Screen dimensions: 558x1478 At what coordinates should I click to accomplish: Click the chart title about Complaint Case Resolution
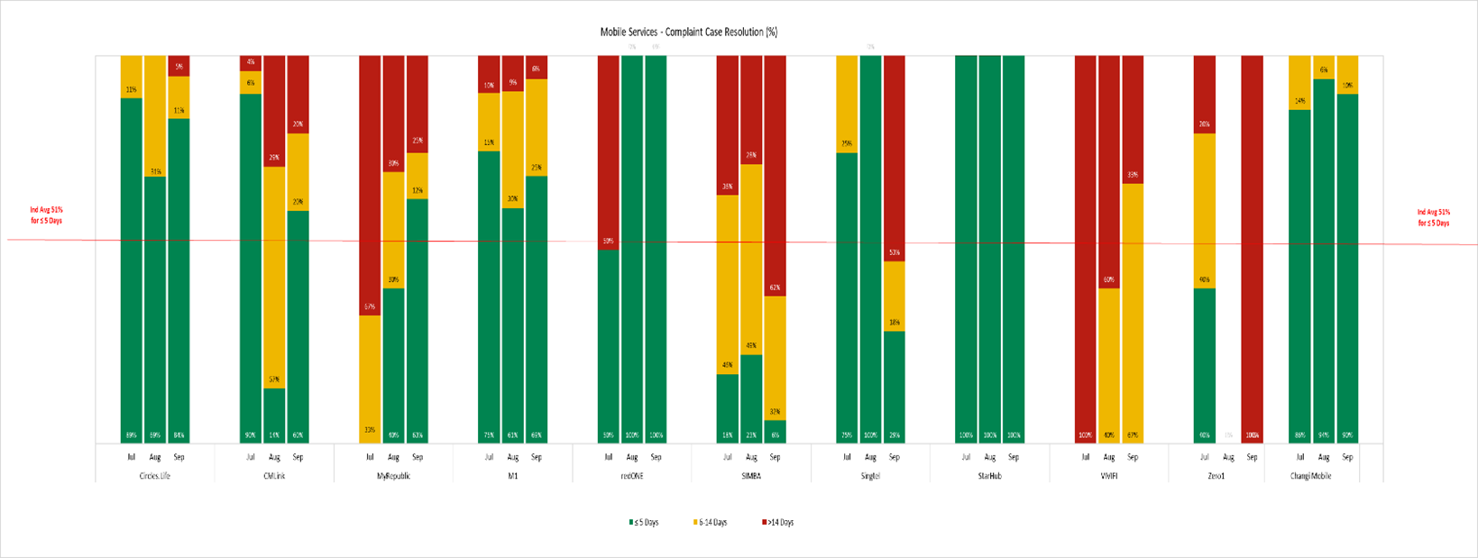(689, 32)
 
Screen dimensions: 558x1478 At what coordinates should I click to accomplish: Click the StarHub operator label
(989, 476)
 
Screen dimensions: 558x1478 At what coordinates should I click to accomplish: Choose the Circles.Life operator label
(155, 476)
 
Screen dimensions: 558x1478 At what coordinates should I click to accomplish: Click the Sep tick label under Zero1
(1252, 457)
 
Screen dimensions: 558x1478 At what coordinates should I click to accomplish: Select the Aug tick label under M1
(512, 457)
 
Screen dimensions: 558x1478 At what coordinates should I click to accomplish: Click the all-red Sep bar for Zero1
(1252, 243)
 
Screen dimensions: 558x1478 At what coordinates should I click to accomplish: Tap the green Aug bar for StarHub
(989, 243)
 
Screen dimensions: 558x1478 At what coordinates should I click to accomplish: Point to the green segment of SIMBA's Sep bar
(775, 431)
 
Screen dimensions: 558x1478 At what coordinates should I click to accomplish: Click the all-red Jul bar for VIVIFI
(1086, 243)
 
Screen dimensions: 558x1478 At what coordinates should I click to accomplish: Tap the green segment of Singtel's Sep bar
(894, 386)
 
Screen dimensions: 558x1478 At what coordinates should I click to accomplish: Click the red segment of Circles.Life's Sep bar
(179, 66)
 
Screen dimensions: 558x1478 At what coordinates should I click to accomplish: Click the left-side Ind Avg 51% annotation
(46, 215)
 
